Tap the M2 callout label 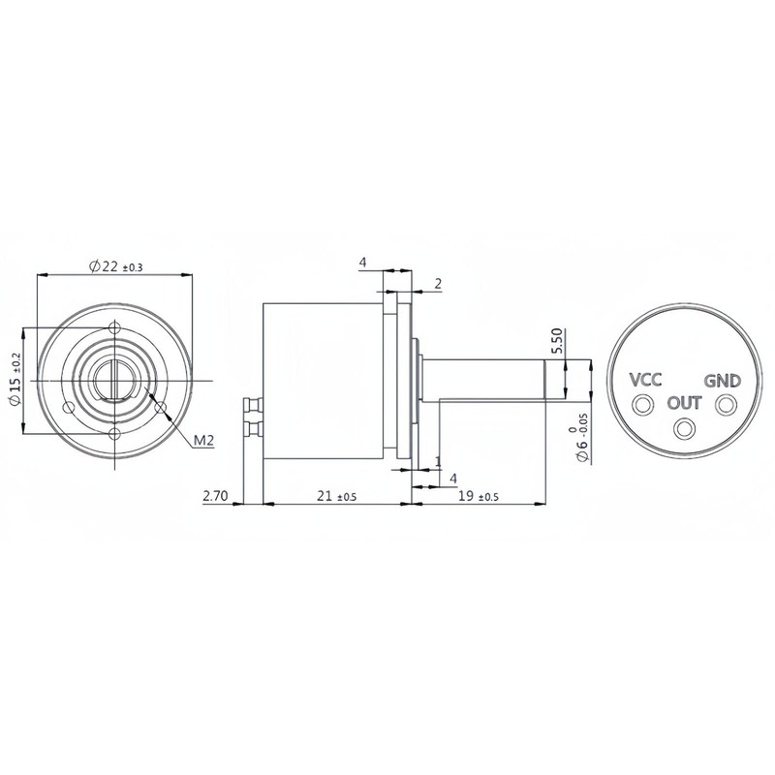(x=202, y=441)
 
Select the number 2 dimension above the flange (x=438, y=284)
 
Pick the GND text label (x=722, y=380)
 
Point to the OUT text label (x=683, y=402)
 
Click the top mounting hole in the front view (x=115, y=326)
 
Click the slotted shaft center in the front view (x=115, y=379)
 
